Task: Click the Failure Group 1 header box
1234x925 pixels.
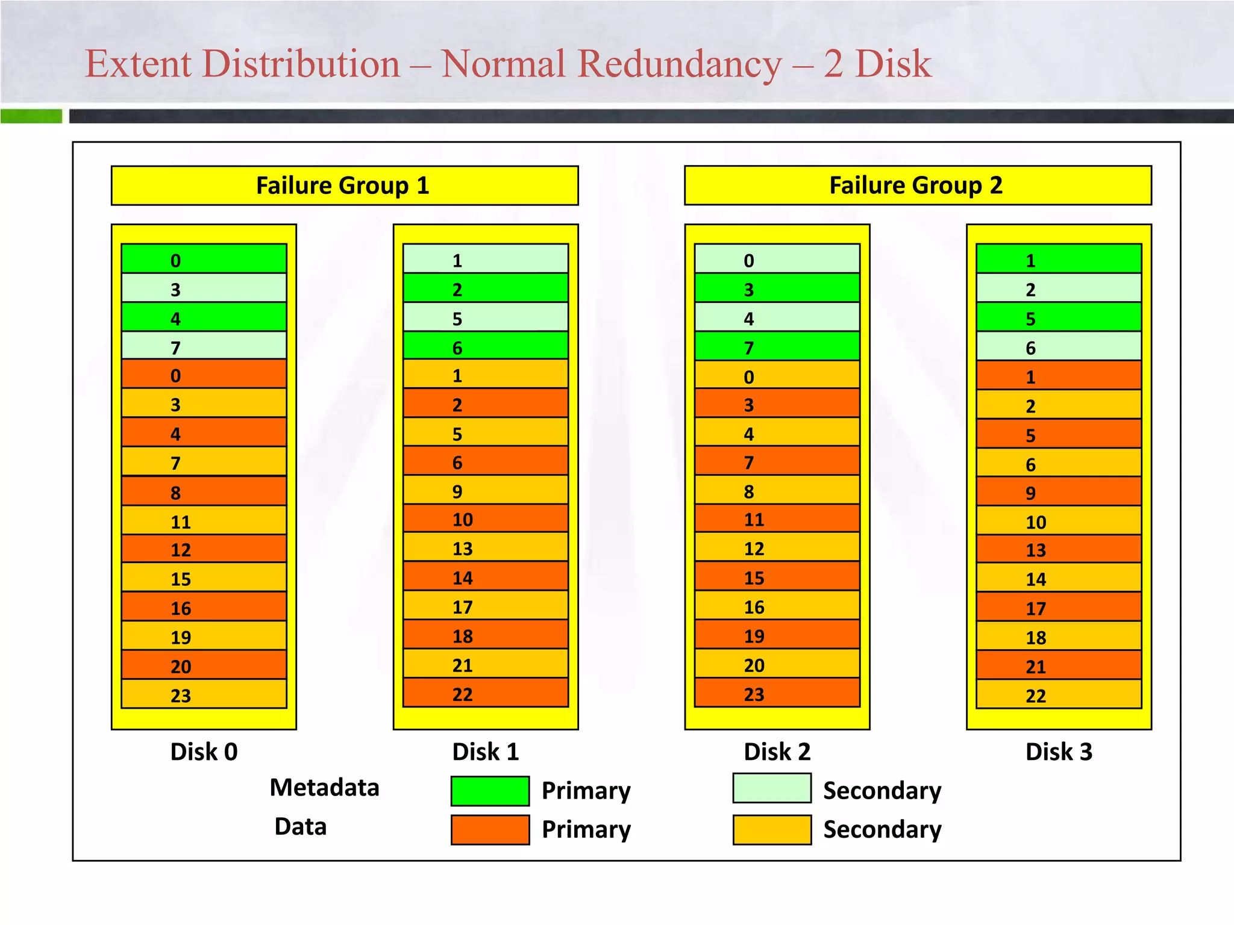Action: [x=344, y=185]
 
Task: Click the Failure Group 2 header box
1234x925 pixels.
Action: [x=917, y=185]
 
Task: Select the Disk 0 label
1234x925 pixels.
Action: [x=204, y=752]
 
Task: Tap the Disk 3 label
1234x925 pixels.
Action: [x=1059, y=752]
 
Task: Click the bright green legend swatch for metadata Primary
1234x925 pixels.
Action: [x=490, y=791]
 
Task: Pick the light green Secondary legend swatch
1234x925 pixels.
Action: [x=772, y=788]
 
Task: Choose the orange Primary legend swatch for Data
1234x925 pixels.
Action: [x=490, y=829]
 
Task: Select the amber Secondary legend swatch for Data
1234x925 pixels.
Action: [x=772, y=829]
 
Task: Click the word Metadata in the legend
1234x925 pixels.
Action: [x=324, y=788]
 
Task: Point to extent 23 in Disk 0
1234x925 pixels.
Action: [x=204, y=694]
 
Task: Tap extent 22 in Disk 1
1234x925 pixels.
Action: [x=485, y=693]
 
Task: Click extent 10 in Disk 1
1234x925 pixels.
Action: [x=485, y=519]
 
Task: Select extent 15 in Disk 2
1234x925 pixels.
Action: [x=777, y=577]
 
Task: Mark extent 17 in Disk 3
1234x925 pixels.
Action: [x=1059, y=607]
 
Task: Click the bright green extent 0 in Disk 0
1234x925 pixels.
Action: [x=204, y=259]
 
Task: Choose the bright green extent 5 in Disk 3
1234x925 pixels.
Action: [x=1059, y=317]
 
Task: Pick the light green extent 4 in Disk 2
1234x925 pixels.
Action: [x=777, y=317]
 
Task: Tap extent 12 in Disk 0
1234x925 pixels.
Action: [x=204, y=549]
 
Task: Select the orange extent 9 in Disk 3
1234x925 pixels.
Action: [x=1059, y=491]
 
